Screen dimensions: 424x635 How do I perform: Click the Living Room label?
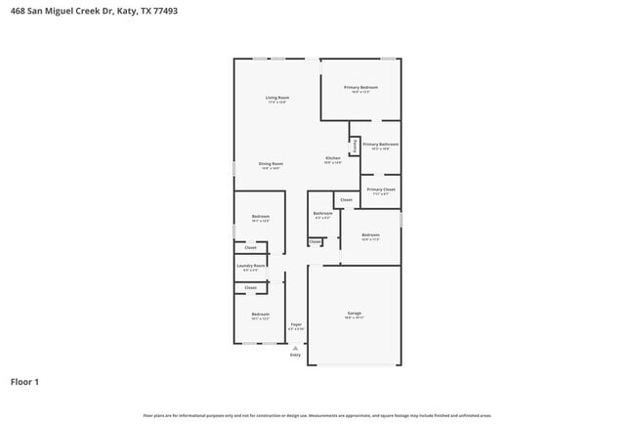click(x=277, y=98)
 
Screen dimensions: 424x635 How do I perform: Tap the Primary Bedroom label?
click(x=360, y=88)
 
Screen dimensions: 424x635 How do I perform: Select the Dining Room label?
click(x=271, y=163)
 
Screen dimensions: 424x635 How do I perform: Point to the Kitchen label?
click(x=333, y=158)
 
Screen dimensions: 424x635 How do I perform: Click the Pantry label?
click(x=354, y=146)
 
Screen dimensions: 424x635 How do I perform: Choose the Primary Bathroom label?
click(x=381, y=145)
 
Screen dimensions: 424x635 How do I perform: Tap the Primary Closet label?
click(x=381, y=190)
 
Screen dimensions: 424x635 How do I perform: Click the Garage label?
click(x=354, y=314)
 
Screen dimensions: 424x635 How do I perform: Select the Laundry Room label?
click(x=251, y=266)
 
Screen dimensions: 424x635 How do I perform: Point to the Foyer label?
click(x=295, y=324)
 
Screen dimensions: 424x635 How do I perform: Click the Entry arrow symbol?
click(x=295, y=347)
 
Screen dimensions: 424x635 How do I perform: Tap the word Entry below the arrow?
click(x=295, y=355)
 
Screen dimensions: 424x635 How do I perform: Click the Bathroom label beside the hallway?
click(x=322, y=213)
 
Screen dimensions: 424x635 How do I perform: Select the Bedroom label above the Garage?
click(x=370, y=234)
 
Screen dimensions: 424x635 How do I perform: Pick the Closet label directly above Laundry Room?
click(x=250, y=248)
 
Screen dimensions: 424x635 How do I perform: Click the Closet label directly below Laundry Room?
click(x=250, y=288)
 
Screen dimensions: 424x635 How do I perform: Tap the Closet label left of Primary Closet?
click(x=346, y=199)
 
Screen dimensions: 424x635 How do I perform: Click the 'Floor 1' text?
click(x=25, y=382)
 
